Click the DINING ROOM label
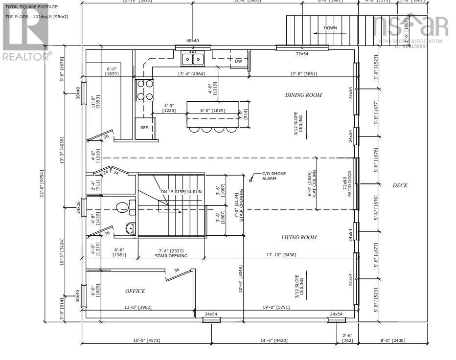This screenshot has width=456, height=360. coord(303,95)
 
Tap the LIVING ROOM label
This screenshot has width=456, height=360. coord(298,238)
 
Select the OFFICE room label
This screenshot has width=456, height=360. coord(135,292)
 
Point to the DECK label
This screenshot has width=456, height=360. coord(400,186)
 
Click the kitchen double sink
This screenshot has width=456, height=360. coord(193,59)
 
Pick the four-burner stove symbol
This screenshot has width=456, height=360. coord(145,90)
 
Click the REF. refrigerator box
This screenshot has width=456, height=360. coord(145,128)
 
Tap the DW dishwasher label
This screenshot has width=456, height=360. coord(238,61)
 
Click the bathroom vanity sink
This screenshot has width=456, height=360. coord(130,228)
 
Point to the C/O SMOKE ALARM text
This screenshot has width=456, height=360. coord(274,176)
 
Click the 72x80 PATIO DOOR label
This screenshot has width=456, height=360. coord(347,183)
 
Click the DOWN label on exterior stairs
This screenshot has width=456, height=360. coord(330,28)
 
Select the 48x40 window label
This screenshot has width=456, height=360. coord(193,41)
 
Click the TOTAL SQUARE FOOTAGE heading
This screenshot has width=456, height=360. coord(32,7)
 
